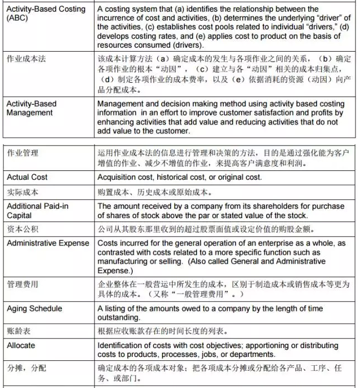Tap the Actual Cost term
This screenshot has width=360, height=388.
tap(27, 177)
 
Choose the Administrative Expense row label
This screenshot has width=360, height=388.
tap(48, 243)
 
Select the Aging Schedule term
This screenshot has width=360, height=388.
tap(34, 308)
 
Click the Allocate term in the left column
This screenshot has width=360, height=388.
tap(21, 345)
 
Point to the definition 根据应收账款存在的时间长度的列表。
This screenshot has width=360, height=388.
tap(162, 331)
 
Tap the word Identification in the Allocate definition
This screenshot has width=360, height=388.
tap(121, 345)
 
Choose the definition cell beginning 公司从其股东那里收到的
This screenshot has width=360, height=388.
tap(201, 229)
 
